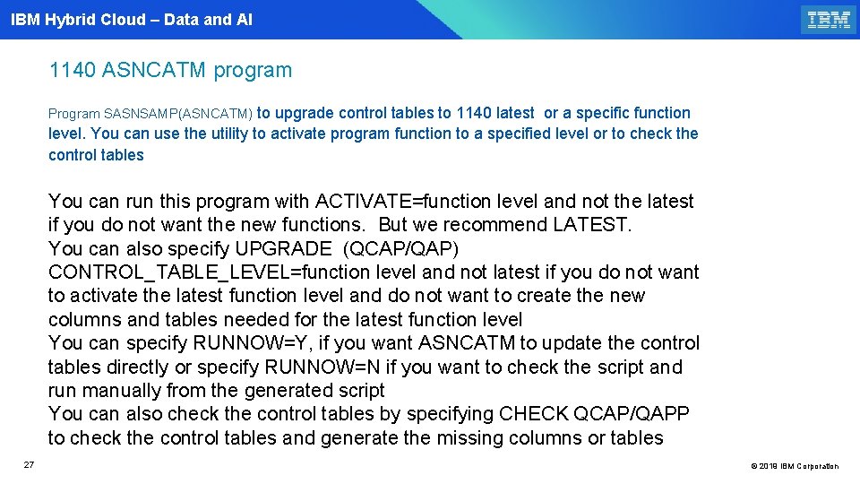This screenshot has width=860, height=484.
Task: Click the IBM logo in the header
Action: point(829,20)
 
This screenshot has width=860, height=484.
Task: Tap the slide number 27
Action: point(29,464)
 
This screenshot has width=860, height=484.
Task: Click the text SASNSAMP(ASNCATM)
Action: point(180,114)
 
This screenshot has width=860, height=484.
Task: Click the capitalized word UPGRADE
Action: point(284,248)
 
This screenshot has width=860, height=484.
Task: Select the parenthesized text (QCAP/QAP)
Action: point(402,248)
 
